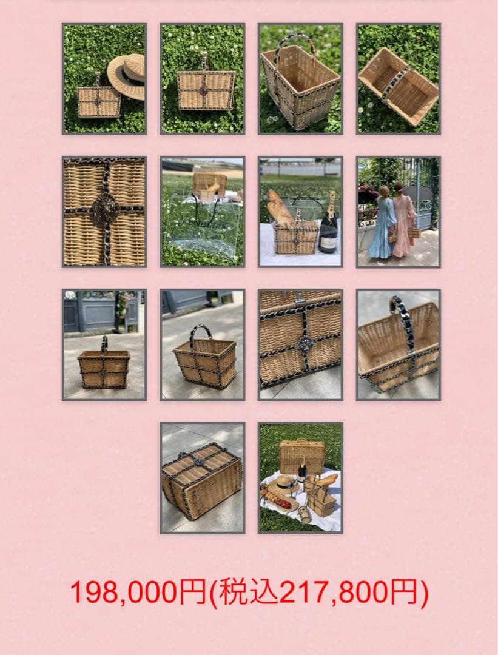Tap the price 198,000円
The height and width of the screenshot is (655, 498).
click(x=138, y=593)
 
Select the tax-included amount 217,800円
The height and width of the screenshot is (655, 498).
click(x=349, y=593)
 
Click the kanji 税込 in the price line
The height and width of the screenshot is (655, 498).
click(x=249, y=593)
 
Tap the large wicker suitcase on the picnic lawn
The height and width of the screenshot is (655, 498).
click(x=301, y=456)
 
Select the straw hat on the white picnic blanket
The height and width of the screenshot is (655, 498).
click(x=283, y=485)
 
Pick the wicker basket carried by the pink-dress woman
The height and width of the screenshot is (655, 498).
click(x=414, y=232)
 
